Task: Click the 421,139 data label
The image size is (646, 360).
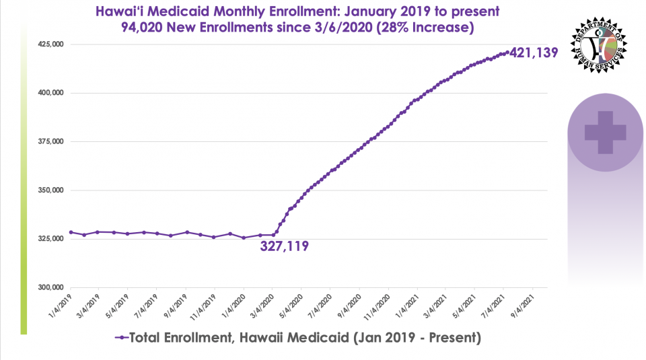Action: pyautogui.click(x=534, y=52)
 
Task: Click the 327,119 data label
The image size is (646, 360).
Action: pyautogui.click(x=284, y=246)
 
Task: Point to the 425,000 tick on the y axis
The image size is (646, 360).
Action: pyautogui.click(x=48, y=44)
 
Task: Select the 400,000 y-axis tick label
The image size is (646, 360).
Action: pyautogui.click(x=48, y=93)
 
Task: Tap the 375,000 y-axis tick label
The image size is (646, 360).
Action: pyautogui.click(x=48, y=141)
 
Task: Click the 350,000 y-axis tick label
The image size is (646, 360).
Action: pyautogui.click(x=48, y=190)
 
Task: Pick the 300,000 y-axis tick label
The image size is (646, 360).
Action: pyautogui.click(x=48, y=287)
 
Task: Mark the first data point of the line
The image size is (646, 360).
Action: pyautogui.click(x=71, y=232)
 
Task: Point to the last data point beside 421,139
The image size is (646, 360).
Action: pyautogui.click(x=507, y=52)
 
